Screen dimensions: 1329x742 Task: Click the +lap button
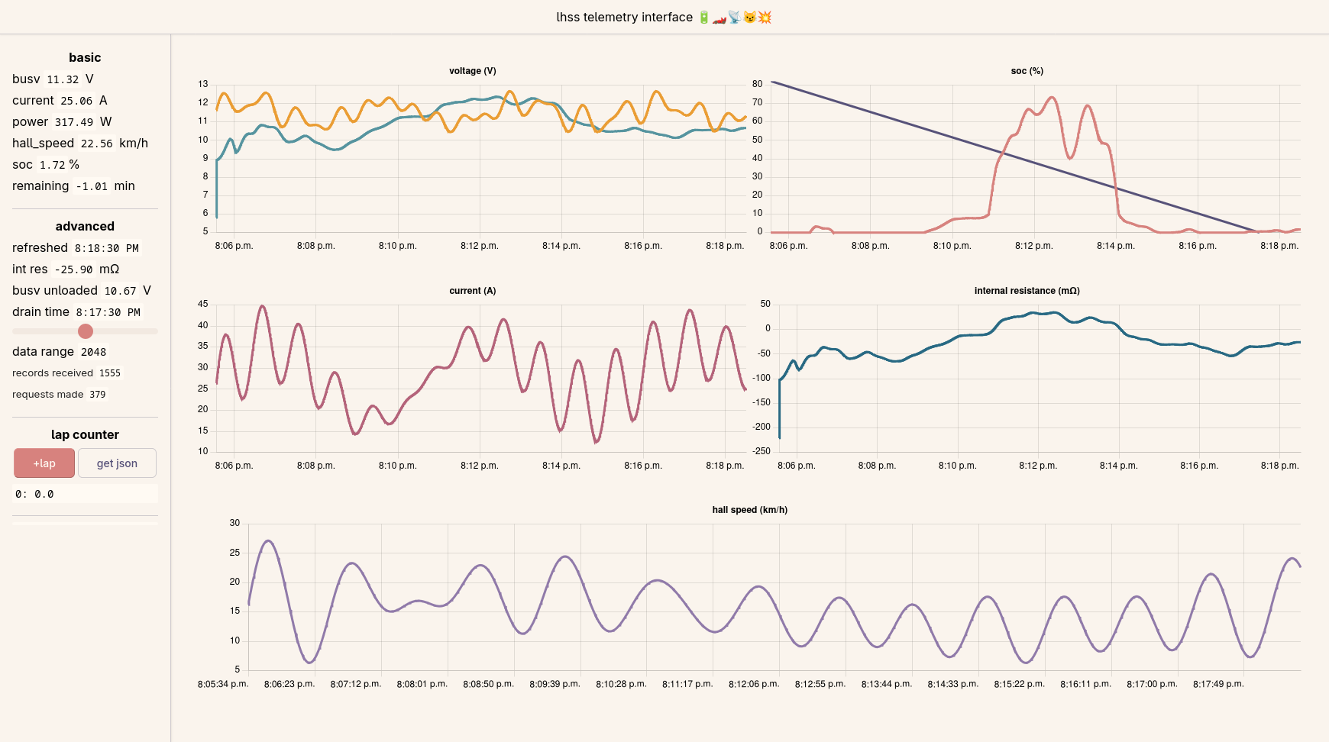tap(44, 463)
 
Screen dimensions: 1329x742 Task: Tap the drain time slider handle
tap(86, 331)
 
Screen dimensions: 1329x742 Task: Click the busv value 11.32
tap(63, 79)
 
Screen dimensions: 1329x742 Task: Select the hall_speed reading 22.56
tap(96, 144)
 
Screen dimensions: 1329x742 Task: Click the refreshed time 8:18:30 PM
tap(107, 248)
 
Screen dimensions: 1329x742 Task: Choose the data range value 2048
tap(94, 352)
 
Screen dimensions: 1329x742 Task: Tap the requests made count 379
tap(98, 395)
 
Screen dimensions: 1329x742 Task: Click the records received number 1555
tap(110, 373)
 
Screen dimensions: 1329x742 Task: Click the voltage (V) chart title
tap(473, 71)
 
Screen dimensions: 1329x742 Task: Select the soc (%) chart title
tap(1027, 71)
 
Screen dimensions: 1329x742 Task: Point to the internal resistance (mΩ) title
tap(1027, 291)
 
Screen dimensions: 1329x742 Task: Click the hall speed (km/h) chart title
tap(750, 510)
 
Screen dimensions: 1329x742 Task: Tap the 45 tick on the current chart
tap(202, 304)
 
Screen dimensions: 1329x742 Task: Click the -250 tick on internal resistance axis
tap(762, 451)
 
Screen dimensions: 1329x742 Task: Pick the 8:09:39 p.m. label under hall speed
tap(555, 684)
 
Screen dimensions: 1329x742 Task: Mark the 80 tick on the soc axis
tap(757, 84)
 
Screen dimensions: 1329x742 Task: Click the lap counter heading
tap(85, 435)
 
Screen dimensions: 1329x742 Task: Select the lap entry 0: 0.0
tap(34, 495)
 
